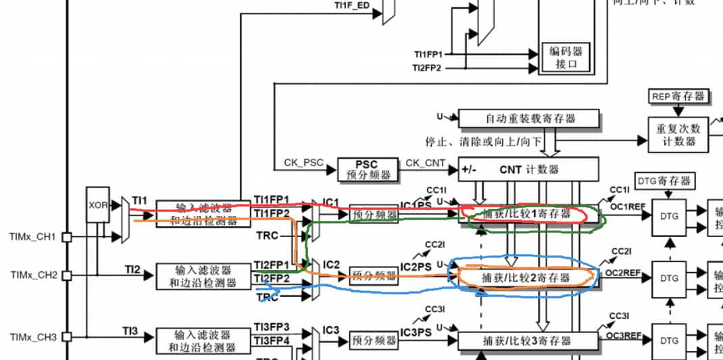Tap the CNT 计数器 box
pyautogui.click(x=528, y=169)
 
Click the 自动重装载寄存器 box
pyautogui.click(x=528, y=118)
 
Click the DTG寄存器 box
pyautogui.click(x=664, y=181)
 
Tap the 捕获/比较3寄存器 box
pyautogui.click(x=528, y=340)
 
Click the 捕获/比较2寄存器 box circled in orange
pyautogui.click(x=528, y=277)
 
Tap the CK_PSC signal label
pyautogui.click(x=303, y=163)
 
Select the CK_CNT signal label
pyautogui.click(x=425, y=163)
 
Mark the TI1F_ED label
pyautogui.click(x=351, y=5)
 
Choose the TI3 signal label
pyautogui.click(x=130, y=330)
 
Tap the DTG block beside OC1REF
pyautogui.click(x=669, y=216)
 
